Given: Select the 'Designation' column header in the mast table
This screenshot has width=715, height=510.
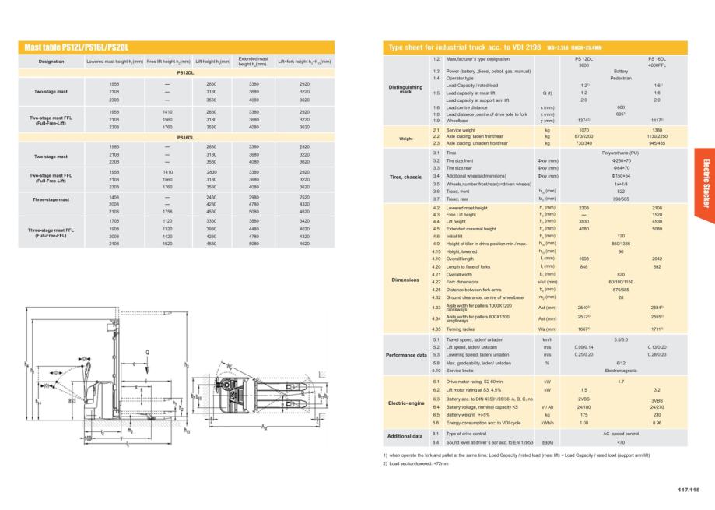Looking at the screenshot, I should click(x=51, y=61).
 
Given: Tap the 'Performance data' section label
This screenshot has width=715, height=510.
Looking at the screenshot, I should click(x=406, y=354).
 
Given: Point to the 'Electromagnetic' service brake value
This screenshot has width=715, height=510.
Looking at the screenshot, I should click(x=621, y=371).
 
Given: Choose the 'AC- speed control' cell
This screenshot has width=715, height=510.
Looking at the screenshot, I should click(x=621, y=432).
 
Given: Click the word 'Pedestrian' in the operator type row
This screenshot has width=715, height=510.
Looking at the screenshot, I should click(x=621, y=78).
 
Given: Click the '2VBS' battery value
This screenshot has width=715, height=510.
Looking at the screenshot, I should click(x=584, y=398).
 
